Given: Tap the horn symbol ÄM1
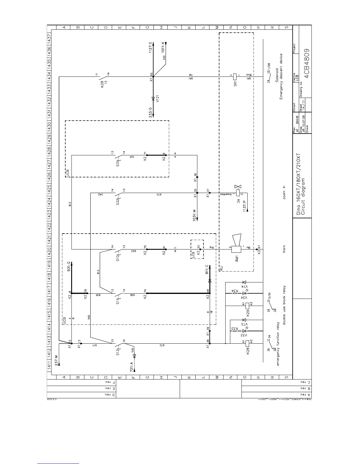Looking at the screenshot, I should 236,249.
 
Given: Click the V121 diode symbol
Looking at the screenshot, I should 153,99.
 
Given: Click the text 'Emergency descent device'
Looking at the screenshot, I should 281,76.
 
